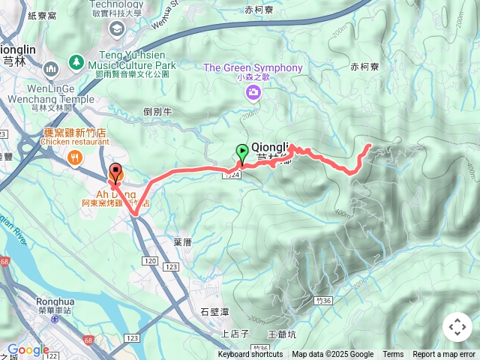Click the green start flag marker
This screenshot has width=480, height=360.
(x=242, y=153)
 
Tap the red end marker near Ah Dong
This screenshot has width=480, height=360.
(x=115, y=172)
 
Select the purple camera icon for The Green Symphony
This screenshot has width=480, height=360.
(x=253, y=92)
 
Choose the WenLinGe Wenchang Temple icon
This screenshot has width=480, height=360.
(x=52, y=70)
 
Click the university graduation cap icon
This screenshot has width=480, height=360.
(x=116, y=28)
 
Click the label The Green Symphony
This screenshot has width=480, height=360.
(x=253, y=68)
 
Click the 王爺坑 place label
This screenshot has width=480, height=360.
(x=282, y=333)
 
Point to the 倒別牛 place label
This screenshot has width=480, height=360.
(x=157, y=111)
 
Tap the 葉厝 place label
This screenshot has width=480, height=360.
(x=183, y=242)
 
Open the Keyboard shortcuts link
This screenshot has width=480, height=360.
(x=250, y=355)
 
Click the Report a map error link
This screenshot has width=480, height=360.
(x=444, y=355)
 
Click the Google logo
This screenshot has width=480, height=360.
(x=28, y=349)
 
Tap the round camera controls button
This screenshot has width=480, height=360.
(x=457, y=327)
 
